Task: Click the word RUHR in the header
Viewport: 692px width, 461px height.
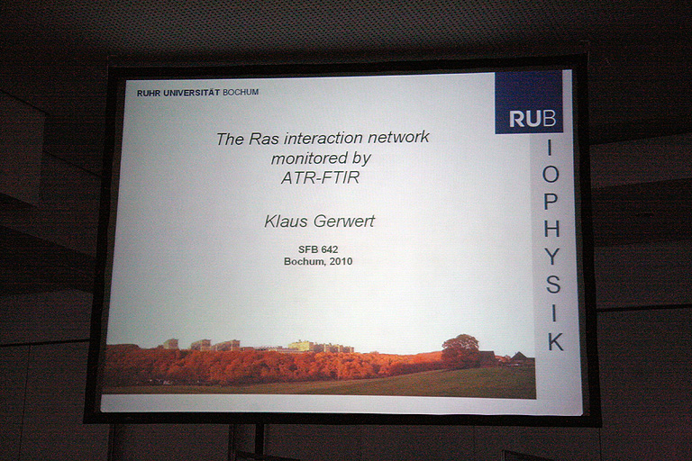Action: pyautogui.click(x=149, y=93)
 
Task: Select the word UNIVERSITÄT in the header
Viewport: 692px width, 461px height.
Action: pyautogui.click(x=192, y=93)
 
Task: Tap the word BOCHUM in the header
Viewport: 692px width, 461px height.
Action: pyautogui.click(x=241, y=92)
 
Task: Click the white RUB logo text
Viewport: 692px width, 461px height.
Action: pyautogui.click(x=533, y=119)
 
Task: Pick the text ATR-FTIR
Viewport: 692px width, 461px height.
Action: pyautogui.click(x=321, y=177)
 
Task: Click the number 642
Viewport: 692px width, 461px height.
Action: pyautogui.click(x=329, y=249)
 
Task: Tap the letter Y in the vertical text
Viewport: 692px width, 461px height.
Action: pyautogui.click(x=552, y=257)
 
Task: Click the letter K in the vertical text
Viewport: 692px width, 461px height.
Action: pyautogui.click(x=556, y=341)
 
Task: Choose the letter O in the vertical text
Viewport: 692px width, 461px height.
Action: pyautogui.click(x=551, y=175)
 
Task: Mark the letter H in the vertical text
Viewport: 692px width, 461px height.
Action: pyautogui.click(x=551, y=229)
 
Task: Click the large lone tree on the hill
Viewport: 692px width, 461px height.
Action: pyautogui.click(x=460, y=351)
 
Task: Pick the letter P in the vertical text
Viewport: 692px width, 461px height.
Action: pyautogui.click(x=550, y=202)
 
